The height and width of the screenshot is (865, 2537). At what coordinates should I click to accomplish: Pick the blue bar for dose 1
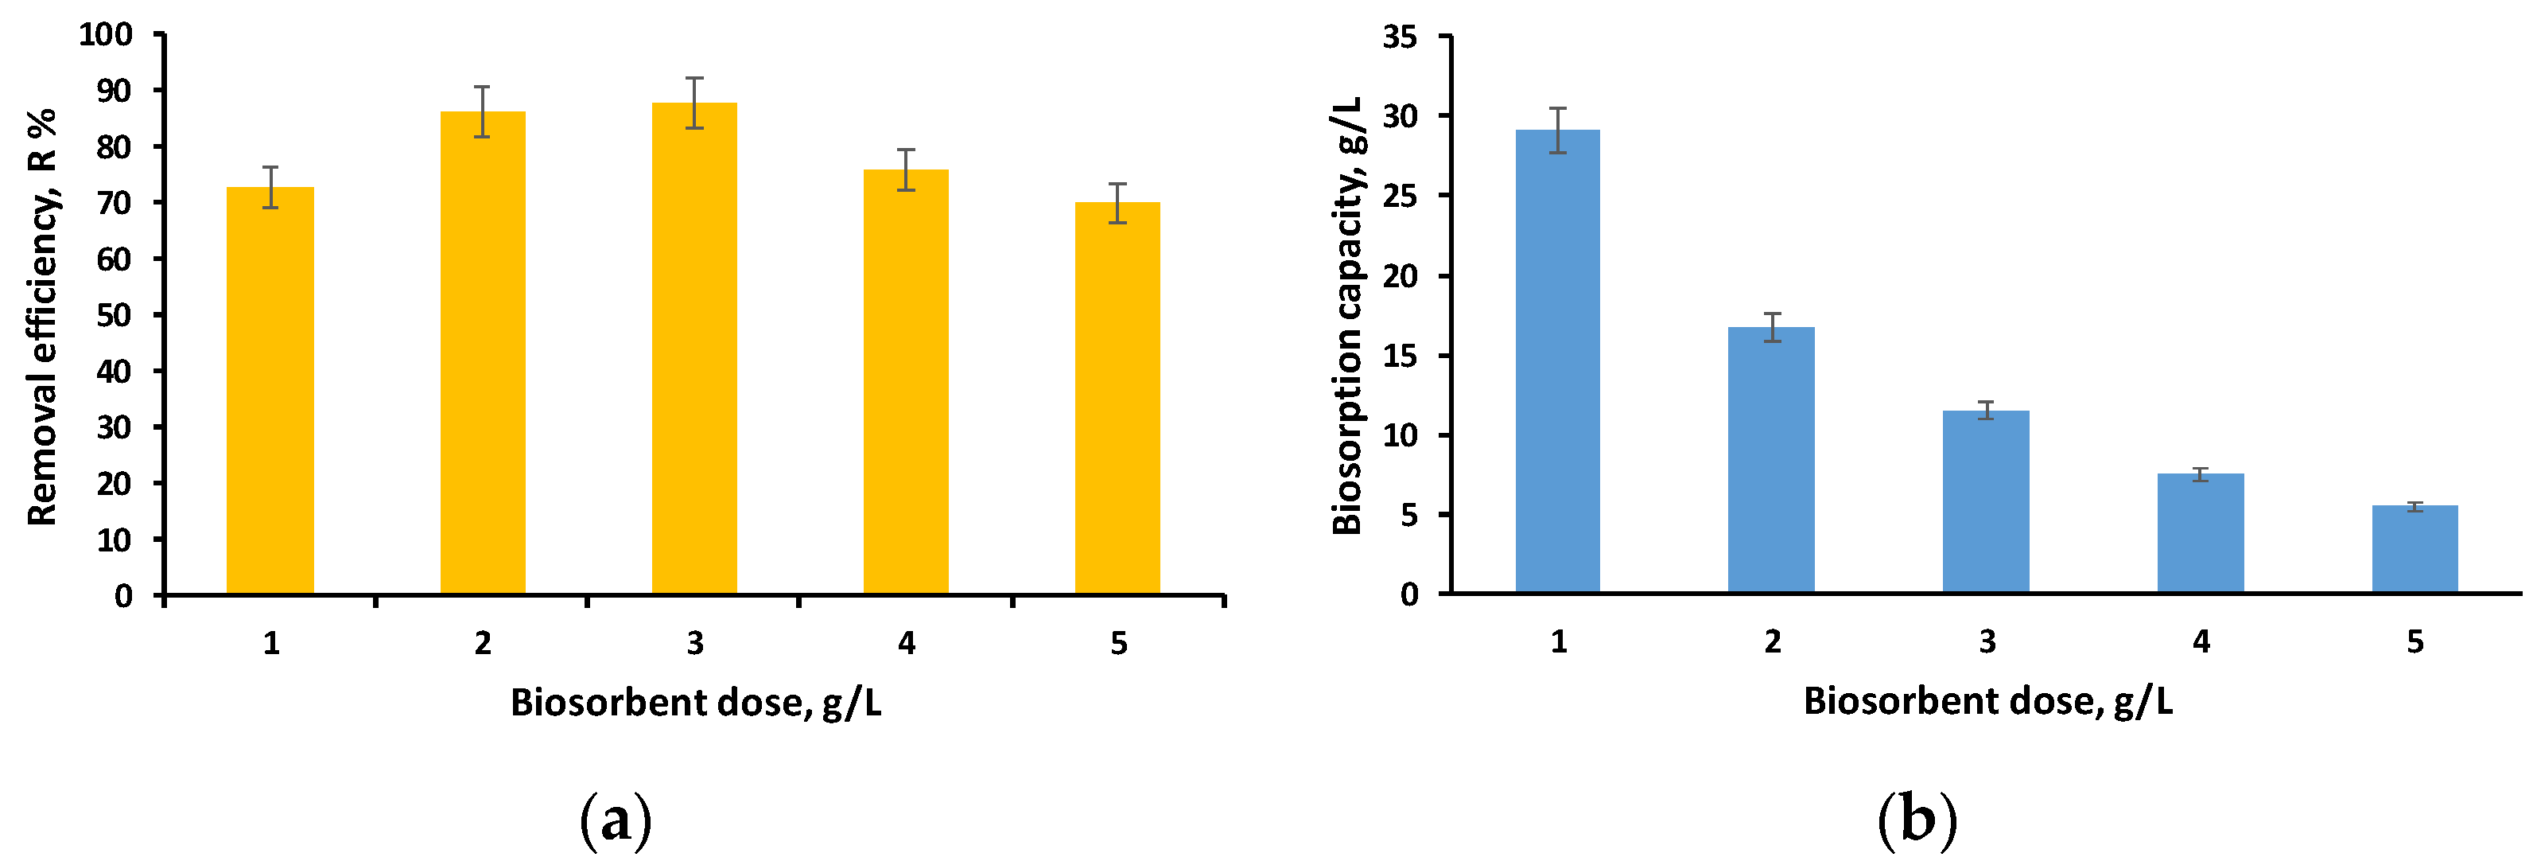tap(1557, 360)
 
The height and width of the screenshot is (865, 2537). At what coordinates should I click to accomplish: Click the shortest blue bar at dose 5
tap(2414, 549)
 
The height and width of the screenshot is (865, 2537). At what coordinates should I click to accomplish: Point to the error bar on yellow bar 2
tap(482, 111)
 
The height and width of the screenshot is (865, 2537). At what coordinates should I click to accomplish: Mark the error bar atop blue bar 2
tap(1772, 327)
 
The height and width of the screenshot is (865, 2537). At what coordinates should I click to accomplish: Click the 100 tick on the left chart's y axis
tap(106, 34)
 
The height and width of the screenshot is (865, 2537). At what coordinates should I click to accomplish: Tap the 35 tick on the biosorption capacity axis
tap(1400, 37)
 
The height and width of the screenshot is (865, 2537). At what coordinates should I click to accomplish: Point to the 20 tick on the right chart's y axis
tap(1400, 276)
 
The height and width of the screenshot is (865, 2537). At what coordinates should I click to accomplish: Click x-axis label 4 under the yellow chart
tap(906, 643)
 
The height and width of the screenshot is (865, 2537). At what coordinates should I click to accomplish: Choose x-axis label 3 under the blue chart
tap(1987, 642)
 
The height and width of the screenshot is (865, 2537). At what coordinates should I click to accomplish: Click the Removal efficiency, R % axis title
tap(41, 315)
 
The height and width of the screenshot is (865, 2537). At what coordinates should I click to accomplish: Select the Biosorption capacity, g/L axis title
tap(1346, 315)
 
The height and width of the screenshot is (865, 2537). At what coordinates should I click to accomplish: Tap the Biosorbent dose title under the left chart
tap(695, 703)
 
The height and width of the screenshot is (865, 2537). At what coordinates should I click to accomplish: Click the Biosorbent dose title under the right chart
tap(1987, 701)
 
